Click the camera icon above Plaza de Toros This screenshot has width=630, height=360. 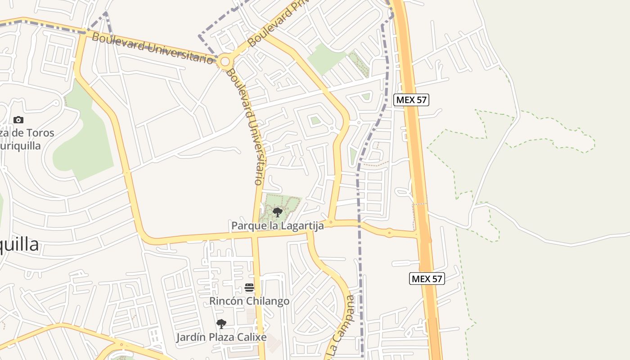click(x=18, y=120)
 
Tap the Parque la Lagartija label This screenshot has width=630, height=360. click(x=277, y=225)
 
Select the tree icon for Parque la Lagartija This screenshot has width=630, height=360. click(x=278, y=212)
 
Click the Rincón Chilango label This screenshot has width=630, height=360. click(x=249, y=301)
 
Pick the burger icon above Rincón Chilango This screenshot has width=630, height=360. click(x=249, y=288)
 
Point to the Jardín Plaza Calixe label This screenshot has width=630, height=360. click(x=221, y=337)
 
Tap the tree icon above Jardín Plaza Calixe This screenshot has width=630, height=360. click(x=221, y=324)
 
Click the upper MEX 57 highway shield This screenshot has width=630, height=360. click(x=411, y=100)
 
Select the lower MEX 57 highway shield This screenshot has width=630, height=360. click(x=427, y=279)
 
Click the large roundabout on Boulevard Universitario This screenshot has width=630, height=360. click(x=225, y=61)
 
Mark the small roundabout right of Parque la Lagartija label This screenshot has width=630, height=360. click(x=331, y=222)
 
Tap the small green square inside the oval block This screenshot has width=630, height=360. click(x=315, y=120)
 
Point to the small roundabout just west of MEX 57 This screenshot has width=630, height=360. click(x=389, y=233)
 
